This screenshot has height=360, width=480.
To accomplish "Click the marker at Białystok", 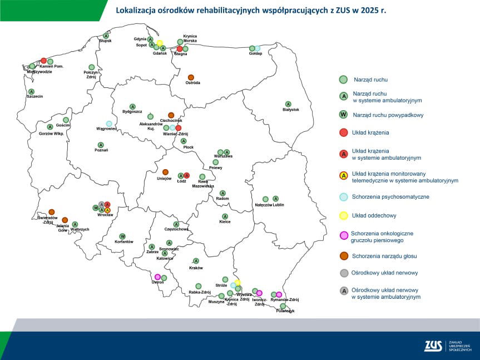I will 288,104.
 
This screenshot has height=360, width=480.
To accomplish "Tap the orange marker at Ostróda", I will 191,77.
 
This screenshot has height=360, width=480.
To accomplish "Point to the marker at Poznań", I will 101,145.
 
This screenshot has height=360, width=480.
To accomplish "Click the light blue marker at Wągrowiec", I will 109,124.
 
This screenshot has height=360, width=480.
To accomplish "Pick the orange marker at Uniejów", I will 165,172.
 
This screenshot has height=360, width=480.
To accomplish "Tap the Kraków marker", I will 196,260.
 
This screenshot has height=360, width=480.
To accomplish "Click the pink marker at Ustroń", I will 158,277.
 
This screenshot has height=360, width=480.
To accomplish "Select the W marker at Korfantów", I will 123,236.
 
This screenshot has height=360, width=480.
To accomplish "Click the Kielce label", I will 225,222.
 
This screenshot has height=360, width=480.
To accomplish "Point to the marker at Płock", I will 184,141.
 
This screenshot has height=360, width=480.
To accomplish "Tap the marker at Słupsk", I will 106,36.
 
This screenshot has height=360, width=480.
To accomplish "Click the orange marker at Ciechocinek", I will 171,115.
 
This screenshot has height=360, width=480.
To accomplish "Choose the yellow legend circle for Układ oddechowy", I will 344,215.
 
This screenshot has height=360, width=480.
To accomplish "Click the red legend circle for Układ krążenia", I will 344,132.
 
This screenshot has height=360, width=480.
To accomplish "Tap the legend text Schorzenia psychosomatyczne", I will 390,197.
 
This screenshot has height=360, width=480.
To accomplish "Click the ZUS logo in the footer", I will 433,346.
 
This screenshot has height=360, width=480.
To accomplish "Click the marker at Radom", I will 222,193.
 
